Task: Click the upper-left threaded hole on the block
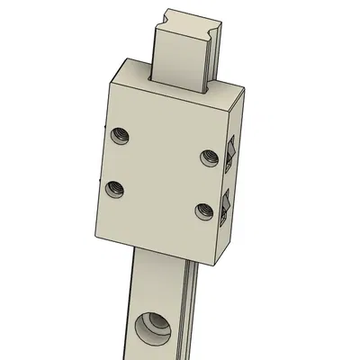pos(120,137)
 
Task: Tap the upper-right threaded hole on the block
pos(207,157)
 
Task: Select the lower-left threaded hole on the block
pos(114,189)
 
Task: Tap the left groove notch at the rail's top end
pos(162,15)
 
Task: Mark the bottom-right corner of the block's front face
pos(213,266)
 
